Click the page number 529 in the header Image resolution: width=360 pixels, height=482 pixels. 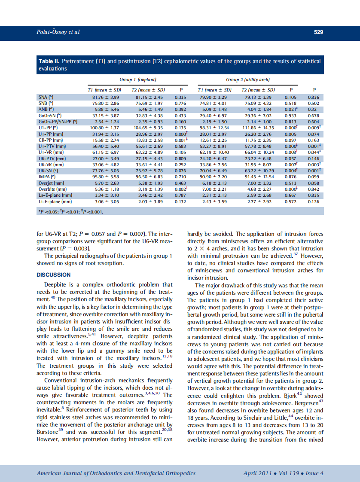coord(318,32)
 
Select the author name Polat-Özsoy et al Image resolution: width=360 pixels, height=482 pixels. coord(58,32)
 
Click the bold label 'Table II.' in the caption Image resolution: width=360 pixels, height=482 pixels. coord(49,61)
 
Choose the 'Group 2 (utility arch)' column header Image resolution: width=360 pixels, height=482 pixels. coord(247,80)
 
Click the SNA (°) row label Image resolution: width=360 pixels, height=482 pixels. coord(46,98)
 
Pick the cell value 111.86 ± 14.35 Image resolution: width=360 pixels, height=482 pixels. coord(258,128)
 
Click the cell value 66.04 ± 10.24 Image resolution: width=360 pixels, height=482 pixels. coord(258,152)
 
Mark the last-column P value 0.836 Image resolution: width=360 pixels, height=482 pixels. coord(314,98)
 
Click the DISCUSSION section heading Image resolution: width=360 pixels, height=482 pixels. coord(54,275)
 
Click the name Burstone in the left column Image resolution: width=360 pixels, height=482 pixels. coord(48,432)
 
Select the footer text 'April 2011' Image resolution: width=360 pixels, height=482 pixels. coord(257,473)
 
